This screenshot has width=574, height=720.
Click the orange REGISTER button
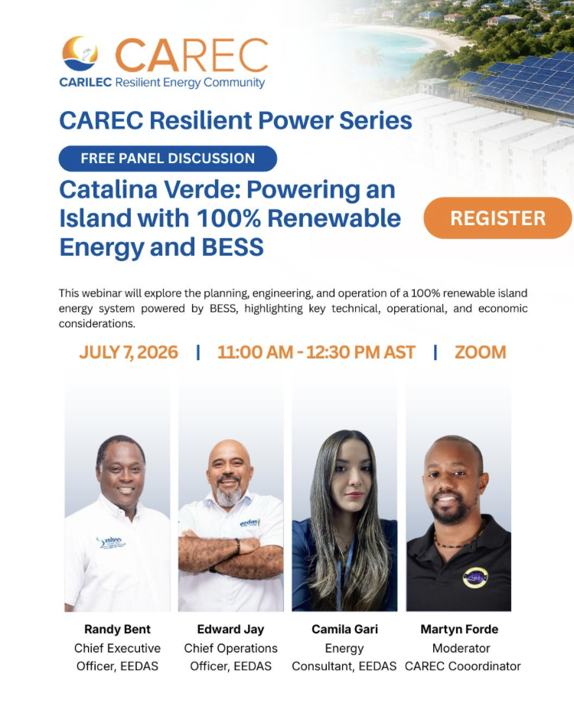pos(497,218)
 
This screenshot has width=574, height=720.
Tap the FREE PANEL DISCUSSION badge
pos(168,159)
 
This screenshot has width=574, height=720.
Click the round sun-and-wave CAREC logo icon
pos(80,54)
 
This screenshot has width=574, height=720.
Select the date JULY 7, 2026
pos(129,352)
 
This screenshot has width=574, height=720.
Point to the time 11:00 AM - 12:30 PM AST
pos(316,352)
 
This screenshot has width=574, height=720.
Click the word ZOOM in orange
pos(481,352)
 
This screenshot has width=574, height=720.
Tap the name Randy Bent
pos(117,629)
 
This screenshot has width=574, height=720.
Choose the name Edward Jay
pos(231,629)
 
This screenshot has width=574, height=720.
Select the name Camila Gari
pos(344,629)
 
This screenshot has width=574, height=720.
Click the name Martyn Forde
pos(459,629)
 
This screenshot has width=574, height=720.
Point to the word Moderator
pos(461,648)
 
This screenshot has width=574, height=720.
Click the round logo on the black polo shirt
pos(475,578)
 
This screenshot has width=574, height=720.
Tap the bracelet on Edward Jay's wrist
pos(238,546)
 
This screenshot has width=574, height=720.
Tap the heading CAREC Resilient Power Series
pos(236,120)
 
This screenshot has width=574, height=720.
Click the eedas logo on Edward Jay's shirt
pos(250,522)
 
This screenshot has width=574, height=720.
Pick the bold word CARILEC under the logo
pos(86,83)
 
